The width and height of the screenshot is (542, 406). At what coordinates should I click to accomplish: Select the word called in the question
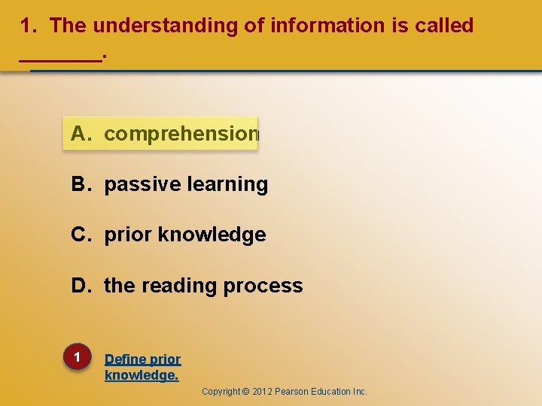pyautogui.click(x=445, y=26)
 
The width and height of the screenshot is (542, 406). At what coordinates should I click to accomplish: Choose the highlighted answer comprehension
pyautogui.click(x=181, y=134)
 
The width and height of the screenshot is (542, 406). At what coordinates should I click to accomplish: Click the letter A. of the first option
pyautogui.click(x=82, y=134)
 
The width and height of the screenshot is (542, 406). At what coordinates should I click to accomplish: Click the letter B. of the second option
pyautogui.click(x=82, y=184)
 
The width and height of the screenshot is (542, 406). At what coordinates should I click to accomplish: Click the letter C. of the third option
pyautogui.click(x=82, y=235)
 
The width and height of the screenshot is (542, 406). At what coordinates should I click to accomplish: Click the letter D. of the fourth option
pyautogui.click(x=82, y=286)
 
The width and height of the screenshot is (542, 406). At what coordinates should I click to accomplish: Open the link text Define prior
pyautogui.click(x=142, y=359)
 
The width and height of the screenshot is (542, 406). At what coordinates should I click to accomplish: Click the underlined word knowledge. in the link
pyautogui.click(x=142, y=374)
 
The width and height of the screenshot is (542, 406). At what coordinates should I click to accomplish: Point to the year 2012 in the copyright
pyautogui.click(x=261, y=392)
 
